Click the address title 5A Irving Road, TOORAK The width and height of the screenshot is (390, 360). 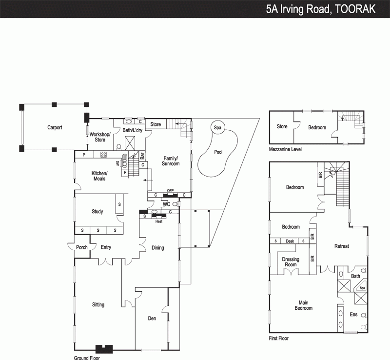pyautogui.click(x=320, y=9)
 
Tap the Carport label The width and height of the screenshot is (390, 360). pyautogui.click(x=55, y=127)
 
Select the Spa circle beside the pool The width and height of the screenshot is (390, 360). pyautogui.click(x=218, y=128)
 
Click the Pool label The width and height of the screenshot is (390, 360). pyautogui.click(x=218, y=152)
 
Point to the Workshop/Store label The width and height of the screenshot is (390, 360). pyautogui.click(x=100, y=137)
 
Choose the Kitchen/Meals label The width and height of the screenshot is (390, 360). pyautogui.click(x=99, y=176)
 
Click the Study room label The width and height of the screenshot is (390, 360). pyautogui.click(x=97, y=212)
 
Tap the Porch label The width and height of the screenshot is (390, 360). pyautogui.click(x=82, y=247)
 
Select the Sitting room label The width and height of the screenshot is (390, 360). pyautogui.click(x=98, y=305)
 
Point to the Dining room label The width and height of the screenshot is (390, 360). pyautogui.click(x=158, y=248)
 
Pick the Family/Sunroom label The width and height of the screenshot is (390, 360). pyautogui.click(x=171, y=160)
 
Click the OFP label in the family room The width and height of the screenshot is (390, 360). pyautogui.click(x=170, y=190)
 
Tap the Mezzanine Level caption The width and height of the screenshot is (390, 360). pyautogui.click(x=285, y=149)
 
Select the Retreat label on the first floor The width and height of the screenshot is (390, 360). pyautogui.click(x=342, y=246)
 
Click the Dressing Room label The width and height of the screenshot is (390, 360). pyautogui.click(x=291, y=262)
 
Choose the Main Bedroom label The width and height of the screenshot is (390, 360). pyautogui.click(x=303, y=305)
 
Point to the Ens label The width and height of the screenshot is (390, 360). pyautogui.click(x=353, y=315)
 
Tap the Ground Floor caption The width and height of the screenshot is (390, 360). pyautogui.click(x=87, y=358)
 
